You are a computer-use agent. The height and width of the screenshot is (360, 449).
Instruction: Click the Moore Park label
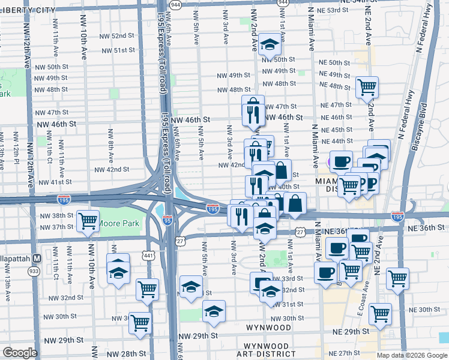pos(118,224)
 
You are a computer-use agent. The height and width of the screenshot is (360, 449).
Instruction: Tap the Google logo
pos(20,353)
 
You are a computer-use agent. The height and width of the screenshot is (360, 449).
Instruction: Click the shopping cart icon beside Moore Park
pos(88,221)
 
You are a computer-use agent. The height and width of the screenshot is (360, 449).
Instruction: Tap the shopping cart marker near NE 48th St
pos(366,87)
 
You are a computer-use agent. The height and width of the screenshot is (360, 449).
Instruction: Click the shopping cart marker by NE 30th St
pos(380,313)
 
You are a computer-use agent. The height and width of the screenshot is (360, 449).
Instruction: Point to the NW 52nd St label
pos(114,36)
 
